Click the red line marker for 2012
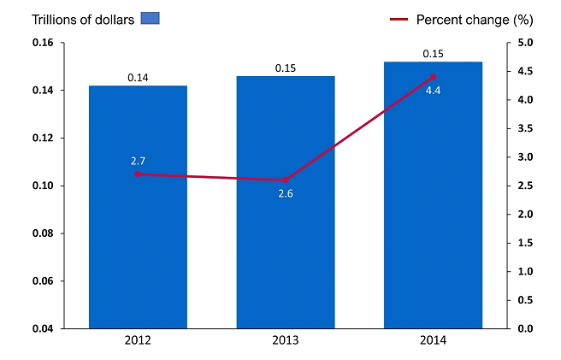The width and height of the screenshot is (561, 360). [138, 174]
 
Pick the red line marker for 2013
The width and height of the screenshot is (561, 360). [286, 180]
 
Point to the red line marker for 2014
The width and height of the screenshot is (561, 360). [433, 77]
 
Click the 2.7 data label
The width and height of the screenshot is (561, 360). [138, 161]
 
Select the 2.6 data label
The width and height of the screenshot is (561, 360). [286, 194]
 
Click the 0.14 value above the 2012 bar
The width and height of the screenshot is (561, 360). [138, 78]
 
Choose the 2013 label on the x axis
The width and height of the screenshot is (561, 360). [286, 340]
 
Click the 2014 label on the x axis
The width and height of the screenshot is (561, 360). [433, 340]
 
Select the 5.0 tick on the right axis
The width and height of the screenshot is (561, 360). [525, 43]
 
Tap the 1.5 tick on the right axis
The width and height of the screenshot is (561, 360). [525, 243]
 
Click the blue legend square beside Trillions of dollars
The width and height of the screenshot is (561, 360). [151, 18]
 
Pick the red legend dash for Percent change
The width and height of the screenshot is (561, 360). [398, 19]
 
